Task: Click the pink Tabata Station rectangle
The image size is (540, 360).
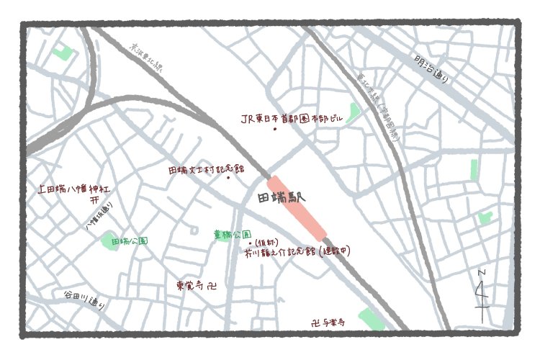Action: pos(297,207)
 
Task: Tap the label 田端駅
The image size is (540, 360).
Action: pos(282,197)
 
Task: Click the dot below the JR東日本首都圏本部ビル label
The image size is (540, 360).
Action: pos(274,130)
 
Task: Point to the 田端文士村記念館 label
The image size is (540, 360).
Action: pos(206,170)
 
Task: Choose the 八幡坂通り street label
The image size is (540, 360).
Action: pos(99,217)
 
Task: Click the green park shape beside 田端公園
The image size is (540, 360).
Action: pos(109,240)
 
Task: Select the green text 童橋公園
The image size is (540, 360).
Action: pos(232,235)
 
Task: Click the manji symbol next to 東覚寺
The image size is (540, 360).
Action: pos(210,286)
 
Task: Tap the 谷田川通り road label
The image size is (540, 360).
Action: pos(84,300)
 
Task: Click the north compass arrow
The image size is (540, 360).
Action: pos(483,292)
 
